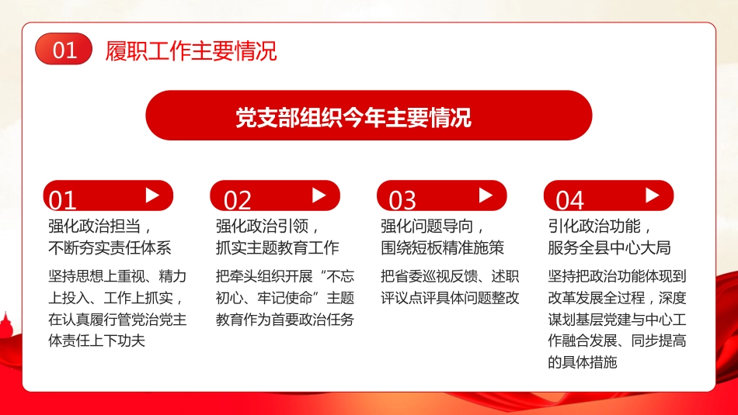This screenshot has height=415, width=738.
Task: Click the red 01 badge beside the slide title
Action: pos(64,50)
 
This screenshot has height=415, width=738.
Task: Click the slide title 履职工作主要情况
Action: pos(191,51)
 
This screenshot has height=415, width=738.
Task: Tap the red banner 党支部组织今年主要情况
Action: pos(369,116)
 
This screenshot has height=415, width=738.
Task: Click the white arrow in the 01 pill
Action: pos(152,195)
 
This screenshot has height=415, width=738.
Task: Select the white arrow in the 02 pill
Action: pos(319,195)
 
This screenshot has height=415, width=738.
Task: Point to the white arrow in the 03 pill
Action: pos(486,195)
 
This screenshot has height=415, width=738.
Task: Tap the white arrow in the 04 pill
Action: pos(653,195)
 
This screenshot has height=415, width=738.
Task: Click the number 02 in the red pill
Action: pos(238,200)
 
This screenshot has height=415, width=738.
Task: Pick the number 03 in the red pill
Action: pos(402,200)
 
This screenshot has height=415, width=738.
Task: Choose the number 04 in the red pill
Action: pos(569,200)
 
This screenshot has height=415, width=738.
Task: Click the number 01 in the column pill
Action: pos(62,200)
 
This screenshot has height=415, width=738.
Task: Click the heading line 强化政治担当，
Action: pos(99,226)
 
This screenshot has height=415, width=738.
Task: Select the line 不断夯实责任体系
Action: pos(110,247)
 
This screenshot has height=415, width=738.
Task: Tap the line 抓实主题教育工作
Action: pos(277,247)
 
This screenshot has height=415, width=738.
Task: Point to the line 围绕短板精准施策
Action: pos(442,247)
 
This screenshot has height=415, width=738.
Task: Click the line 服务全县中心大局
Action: pos(609,247)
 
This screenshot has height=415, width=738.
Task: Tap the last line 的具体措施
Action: pos(583,361)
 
